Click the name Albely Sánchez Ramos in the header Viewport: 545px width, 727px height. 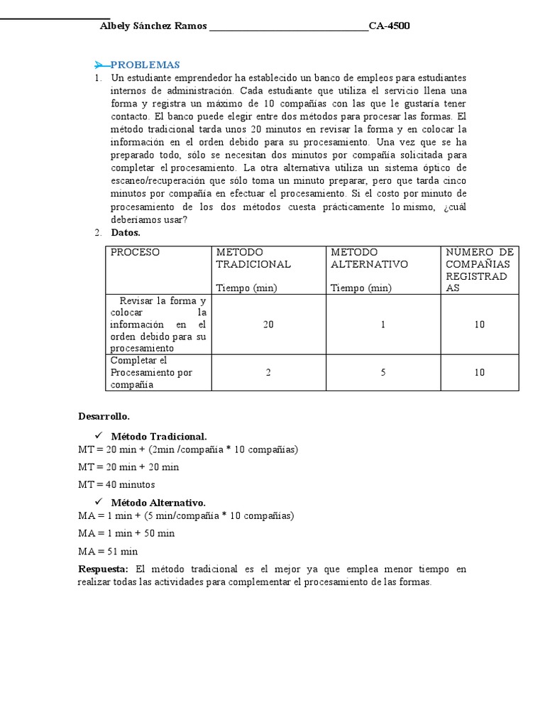[x=154, y=26]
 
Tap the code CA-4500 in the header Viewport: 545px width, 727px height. [x=389, y=26]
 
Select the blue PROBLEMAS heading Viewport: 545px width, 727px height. [x=145, y=65]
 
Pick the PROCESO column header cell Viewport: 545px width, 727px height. [x=135, y=253]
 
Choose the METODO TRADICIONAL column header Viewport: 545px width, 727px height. [x=253, y=258]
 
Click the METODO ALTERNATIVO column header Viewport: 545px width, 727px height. [x=369, y=258]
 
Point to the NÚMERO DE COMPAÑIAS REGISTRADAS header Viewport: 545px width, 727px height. [x=480, y=270]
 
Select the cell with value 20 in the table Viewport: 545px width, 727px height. [x=268, y=324]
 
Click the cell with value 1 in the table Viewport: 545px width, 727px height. [x=382, y=324]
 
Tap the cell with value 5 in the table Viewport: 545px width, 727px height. [x=382, y=373]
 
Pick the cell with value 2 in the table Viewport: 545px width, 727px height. [x=268, y=373]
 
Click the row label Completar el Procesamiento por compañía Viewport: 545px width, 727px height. [x=152, y=373]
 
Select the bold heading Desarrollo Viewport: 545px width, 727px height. [x=104, y=417]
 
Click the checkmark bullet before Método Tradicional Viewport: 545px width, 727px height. [x=99, y=435]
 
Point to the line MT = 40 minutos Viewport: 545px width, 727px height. [x=116, y=485]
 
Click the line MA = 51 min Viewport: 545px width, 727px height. [x=108, y=552]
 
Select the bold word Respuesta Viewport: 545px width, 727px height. [x=103, y=569]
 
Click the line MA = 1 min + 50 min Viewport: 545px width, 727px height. [x=126, y=533]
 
